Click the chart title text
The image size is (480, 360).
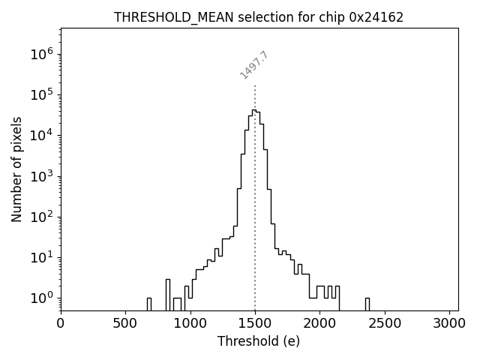point(259,17)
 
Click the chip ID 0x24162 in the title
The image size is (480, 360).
point(376,17)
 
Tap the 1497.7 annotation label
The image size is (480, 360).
point(254,65)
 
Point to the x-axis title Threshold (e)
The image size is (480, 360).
point(259,341)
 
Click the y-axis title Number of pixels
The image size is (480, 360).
point(17,169)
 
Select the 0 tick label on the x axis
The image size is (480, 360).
point(61,323)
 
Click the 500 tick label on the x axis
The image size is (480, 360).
point(125,323)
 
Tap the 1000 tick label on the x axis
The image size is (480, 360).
point(190,323)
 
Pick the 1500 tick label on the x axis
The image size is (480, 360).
point(255,323)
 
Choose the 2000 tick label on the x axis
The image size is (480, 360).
point(320,323)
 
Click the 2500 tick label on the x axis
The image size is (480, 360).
point(385,323)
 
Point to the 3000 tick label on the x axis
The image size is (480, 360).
point(450,323)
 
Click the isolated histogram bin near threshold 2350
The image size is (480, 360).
point(367,304)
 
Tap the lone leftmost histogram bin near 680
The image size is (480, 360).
point(149,304)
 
